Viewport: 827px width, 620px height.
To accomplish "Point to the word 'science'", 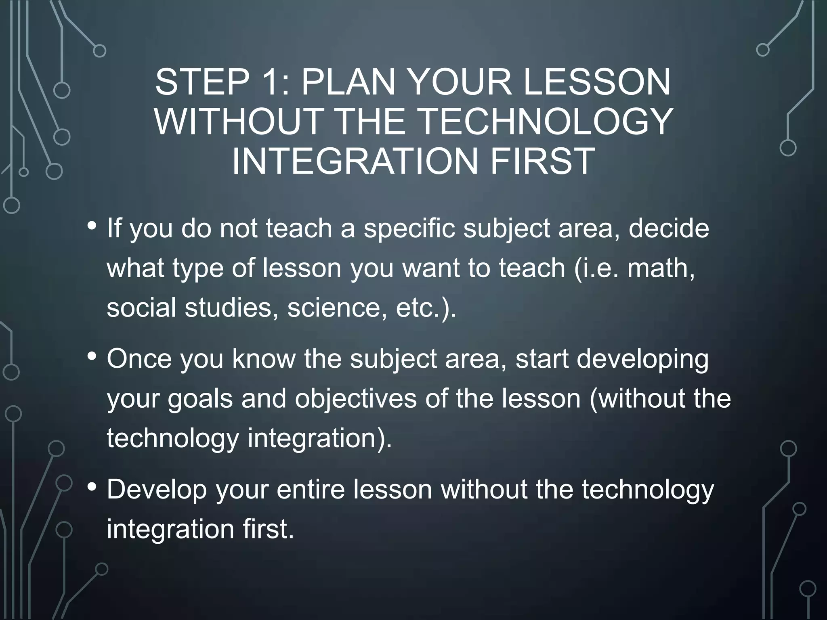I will point(334,307).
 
